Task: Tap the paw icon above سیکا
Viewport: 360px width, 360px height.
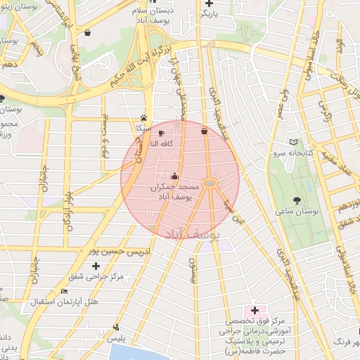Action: [x=143, y=118]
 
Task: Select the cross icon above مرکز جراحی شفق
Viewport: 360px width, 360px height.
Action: [x=96, y=265]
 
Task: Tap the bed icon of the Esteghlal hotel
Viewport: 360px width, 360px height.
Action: [x=65, y=291]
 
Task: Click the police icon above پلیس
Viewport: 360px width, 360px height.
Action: [x=116, y=327]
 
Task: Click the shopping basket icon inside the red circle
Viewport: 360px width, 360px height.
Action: [x=204, y=131]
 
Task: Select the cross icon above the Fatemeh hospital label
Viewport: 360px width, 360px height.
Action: [x=255, y=309]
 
